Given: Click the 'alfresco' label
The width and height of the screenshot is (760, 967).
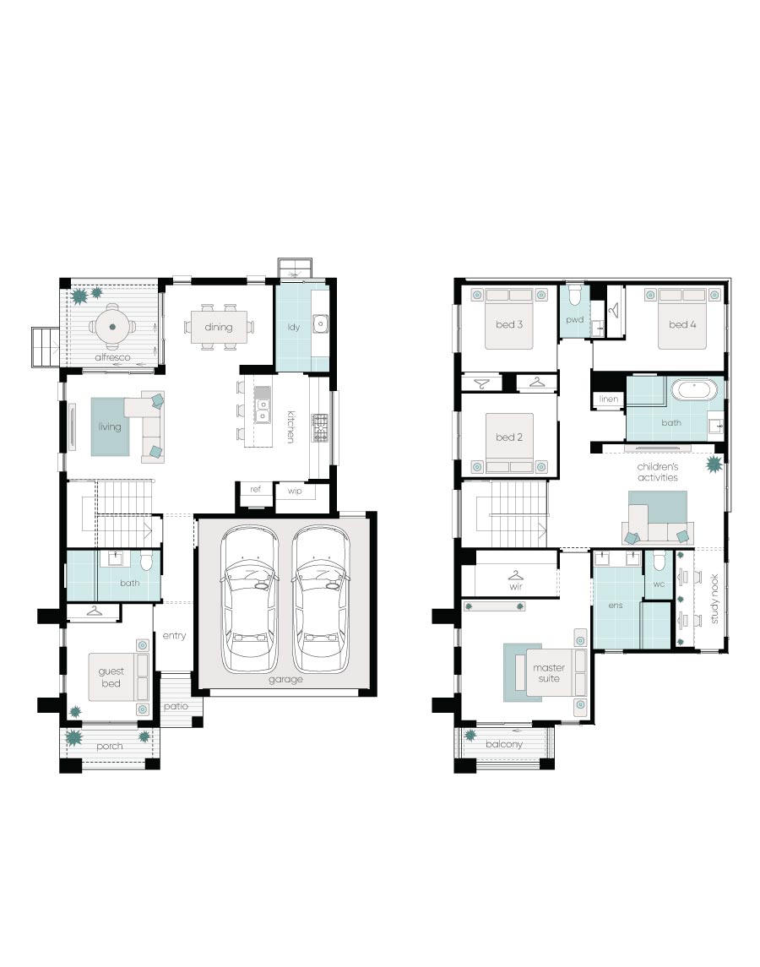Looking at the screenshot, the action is tap(112, 357).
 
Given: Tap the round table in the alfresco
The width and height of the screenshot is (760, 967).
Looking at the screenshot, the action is tap(112, 327).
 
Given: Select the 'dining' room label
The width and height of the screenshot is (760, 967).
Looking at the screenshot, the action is tap(219, 327).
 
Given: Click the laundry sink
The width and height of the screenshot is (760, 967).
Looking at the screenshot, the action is tap(320, 323).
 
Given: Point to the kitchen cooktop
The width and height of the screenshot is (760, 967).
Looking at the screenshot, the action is tap(319, 427).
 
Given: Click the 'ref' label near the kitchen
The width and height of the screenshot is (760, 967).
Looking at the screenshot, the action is tap(255, 489).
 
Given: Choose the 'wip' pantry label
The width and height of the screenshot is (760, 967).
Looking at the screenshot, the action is tap(295, 491).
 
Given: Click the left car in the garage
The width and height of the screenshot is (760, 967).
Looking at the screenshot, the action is tap(249, 598).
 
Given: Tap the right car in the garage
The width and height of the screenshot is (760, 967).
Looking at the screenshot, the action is tap(321, 598).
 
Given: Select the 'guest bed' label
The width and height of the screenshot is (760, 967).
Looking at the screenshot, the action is tap(111, 677).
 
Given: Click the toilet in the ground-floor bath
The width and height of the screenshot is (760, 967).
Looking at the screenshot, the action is tap(146, 562).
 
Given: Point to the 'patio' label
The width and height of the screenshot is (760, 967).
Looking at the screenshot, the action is tap(176, 706).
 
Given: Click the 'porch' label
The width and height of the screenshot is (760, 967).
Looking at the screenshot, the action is tap(110, 747).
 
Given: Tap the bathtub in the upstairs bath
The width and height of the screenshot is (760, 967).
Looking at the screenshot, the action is tap(695, 390).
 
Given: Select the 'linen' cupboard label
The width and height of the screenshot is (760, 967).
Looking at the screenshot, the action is tap(609, 399).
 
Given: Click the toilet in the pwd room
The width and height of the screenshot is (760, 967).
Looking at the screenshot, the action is tap(575, 296).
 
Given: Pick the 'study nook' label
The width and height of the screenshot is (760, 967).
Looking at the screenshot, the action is tap(714, 599).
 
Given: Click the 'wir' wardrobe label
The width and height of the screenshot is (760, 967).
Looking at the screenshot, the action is tap(516, 586).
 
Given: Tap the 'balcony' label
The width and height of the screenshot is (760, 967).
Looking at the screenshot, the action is tap(504, 744).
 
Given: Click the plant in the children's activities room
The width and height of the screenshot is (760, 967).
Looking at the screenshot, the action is tap(714, 464).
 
